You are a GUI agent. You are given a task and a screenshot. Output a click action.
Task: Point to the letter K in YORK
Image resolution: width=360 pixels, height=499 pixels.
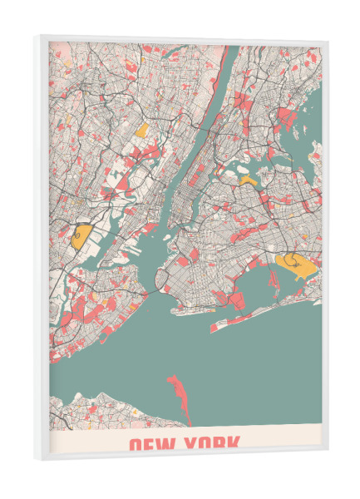234,444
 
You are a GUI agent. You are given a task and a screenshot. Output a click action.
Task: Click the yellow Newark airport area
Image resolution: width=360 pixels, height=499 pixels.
81,235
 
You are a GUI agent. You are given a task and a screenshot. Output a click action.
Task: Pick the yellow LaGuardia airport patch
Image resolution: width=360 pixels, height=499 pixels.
248,179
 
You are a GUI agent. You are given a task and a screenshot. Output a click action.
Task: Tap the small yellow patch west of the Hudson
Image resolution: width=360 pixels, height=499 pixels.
142,130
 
